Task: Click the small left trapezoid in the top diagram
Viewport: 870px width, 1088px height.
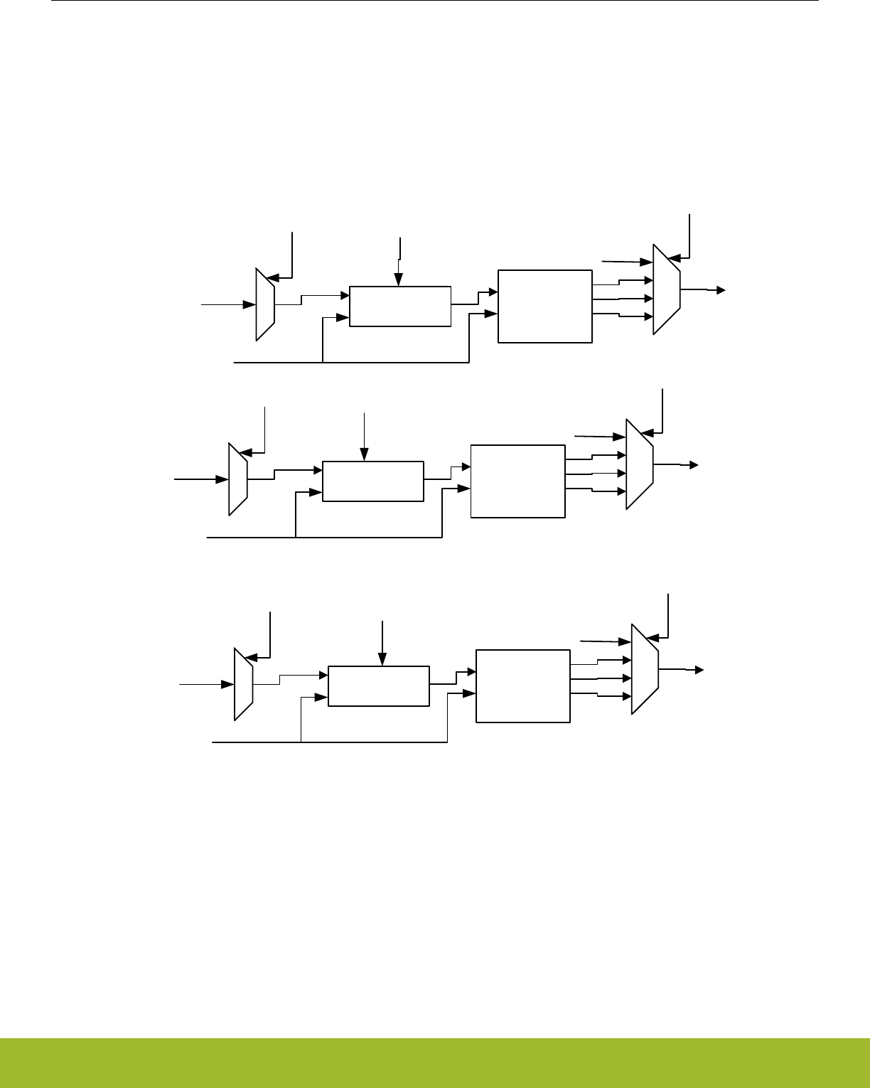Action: (265, 304)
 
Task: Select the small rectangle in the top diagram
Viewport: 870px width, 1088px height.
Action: (400, 306)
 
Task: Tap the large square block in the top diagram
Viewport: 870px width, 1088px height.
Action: (545, 306)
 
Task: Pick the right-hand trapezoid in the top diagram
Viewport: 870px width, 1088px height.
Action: (667, 289)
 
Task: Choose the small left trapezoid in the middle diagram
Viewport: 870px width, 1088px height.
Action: (238, 479)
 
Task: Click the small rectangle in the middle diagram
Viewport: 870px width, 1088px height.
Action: (373, 481)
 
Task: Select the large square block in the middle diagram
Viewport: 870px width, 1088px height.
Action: (518, 481)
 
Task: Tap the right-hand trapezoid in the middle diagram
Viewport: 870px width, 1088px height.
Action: (640, 464)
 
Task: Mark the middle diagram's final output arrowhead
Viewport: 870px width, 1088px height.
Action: (694, 465)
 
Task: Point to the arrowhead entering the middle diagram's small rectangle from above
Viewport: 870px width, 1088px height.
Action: (365, 456)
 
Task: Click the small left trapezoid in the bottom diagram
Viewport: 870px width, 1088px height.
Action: (244, 684)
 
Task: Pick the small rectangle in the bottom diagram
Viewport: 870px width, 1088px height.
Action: (379, 686)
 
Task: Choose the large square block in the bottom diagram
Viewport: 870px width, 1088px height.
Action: (523, 686)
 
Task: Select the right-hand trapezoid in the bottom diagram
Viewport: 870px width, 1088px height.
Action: (645, 669)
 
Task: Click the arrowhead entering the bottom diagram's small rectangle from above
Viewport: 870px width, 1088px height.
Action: (383, 661)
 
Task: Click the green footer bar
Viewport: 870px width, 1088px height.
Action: (435, 1063)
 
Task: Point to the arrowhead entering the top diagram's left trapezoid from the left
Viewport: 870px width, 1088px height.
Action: (251, 304)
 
